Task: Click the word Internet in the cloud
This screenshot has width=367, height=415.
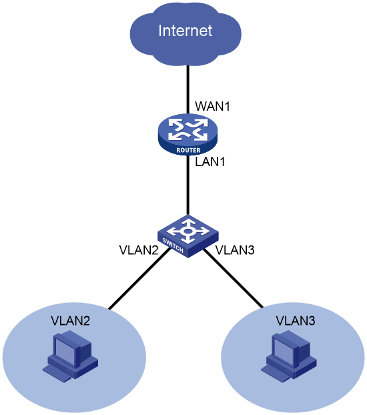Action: click(x=185, y=31)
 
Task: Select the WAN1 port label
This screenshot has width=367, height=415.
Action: click(x=212, y=106)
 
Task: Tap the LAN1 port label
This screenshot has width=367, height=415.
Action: click(x=210, y=161)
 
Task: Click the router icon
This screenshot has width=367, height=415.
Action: click(x=188, y=135)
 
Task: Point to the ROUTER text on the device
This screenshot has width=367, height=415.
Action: click(x=189, y=150)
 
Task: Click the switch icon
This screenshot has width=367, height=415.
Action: click(x=188, y=236)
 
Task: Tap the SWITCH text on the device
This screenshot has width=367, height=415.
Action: click(x=173, y=246)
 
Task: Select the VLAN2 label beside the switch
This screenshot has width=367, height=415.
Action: click(x=139, y=250)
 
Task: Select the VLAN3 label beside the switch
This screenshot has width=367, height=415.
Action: click(x=235, y=250)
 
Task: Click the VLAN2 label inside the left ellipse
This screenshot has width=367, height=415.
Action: click(x=71, y=320)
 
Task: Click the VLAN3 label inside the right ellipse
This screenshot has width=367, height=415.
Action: click(x=296, y=320)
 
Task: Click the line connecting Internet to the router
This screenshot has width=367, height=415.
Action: click(x=188, y=89)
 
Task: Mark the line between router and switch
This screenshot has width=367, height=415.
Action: click(x=188, y=185)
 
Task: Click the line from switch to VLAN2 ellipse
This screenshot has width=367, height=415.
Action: click(x=139, y=278)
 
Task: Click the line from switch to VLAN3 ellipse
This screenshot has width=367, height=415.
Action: click(x=234, y=278)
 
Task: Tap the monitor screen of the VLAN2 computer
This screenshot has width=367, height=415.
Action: click(x=64, y=350)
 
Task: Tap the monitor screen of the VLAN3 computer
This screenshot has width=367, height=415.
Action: click(x=283, y=350)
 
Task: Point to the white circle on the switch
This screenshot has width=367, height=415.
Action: click(x=188, y=232)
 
